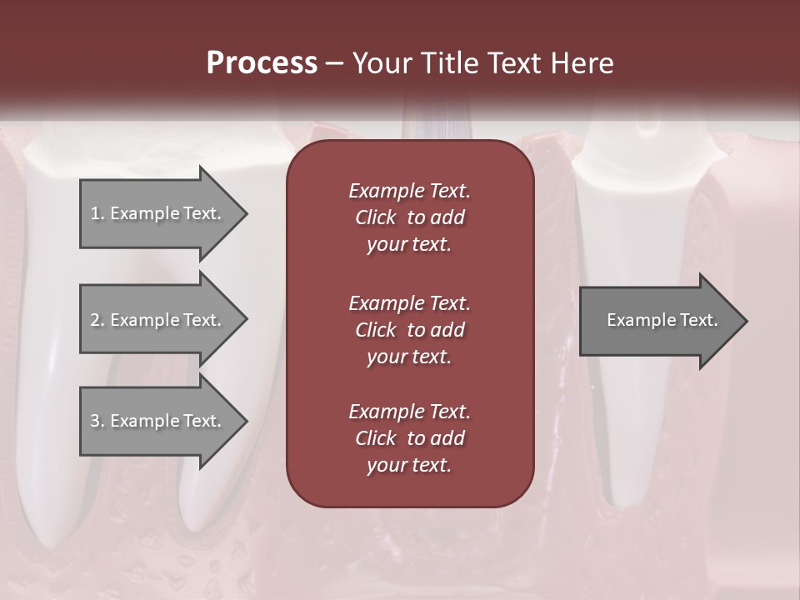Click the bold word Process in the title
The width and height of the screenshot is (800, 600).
tap(262, 63)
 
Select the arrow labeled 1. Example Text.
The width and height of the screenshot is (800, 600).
tap(158, 213)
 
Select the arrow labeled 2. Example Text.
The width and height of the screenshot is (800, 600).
tap(158, 320)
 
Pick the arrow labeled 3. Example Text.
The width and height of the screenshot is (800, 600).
tap(158, 421)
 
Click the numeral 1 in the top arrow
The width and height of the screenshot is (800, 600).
tap(94, 213)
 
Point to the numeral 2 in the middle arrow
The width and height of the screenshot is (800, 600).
tap(94, 320)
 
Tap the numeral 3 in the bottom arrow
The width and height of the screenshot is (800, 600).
tap(94, 421)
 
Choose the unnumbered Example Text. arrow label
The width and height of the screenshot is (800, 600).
tap(662, 320)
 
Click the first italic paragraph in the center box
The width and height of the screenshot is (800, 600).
tap(409, 217)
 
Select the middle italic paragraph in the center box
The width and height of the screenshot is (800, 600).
tap(409, 329)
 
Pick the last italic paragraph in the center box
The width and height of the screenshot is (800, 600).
tap(409, 438)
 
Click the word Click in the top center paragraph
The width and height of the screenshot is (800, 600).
tap(375, 217)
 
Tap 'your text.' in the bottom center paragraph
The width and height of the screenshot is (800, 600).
tap(409, 465)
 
